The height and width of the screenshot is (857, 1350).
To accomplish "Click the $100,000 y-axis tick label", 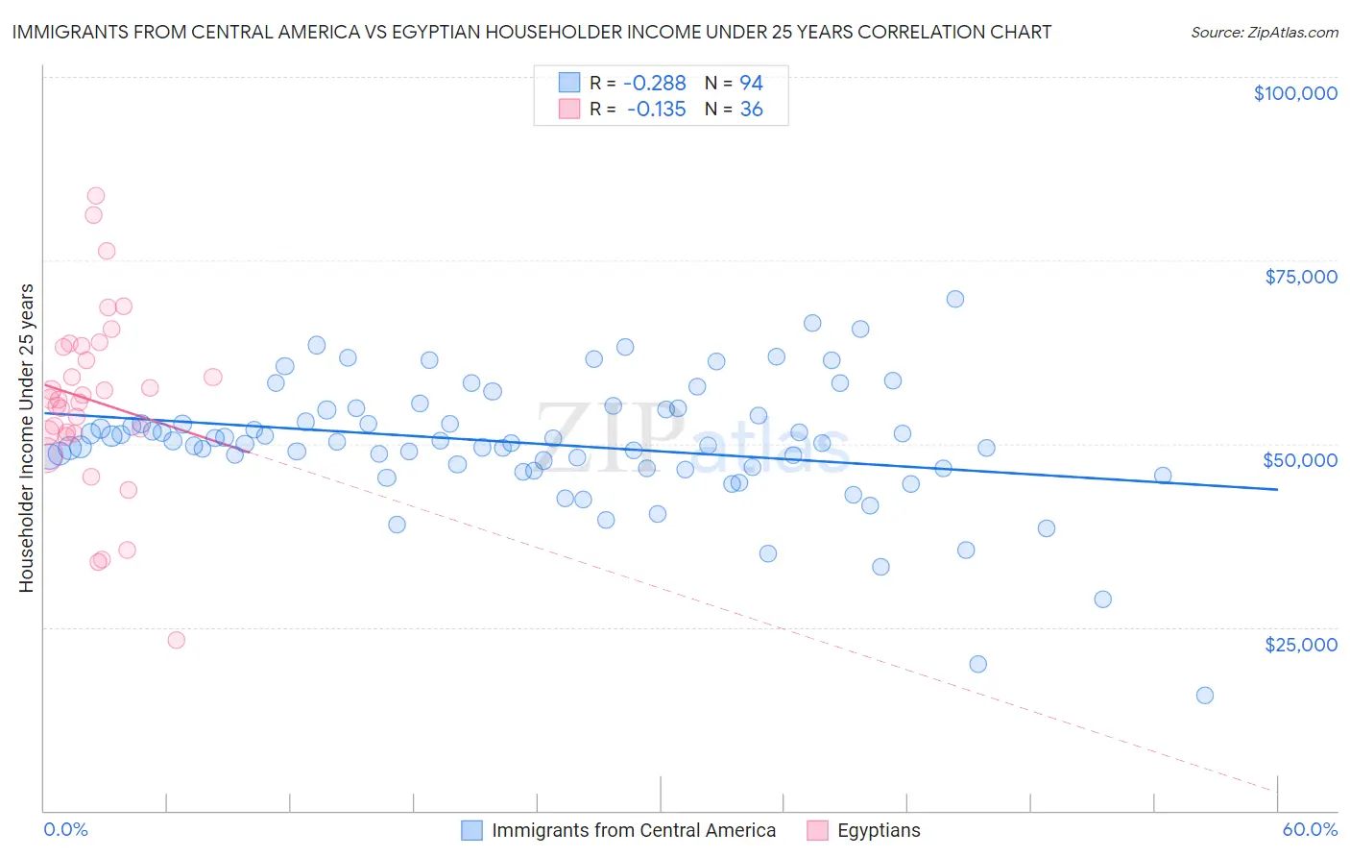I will pos(1294,93).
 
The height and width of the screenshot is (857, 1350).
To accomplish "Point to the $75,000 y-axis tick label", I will pos(1300,277).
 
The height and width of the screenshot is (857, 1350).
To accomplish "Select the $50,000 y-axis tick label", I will pos(1299,460).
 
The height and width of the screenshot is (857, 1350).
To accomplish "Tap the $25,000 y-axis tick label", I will pos(1300,644).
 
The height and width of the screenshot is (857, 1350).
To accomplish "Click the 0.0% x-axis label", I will pos(65,829).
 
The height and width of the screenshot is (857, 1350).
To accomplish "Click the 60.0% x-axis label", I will pos(1309,829).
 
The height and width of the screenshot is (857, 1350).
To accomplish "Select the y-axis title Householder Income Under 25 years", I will pos(27,438).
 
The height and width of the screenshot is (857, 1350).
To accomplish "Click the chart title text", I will pos(531,32).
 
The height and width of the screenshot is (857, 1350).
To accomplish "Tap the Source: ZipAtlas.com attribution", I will pos(1264,32).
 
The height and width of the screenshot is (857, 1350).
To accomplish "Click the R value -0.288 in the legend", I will pos(654,83).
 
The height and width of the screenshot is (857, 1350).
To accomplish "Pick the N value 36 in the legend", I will pos(751,110).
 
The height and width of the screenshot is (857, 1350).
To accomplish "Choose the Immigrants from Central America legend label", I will pos(633,830).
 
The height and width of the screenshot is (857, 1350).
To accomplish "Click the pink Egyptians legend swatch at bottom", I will pos(817,830).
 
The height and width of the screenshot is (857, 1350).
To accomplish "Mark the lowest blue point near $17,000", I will pos(1204,696).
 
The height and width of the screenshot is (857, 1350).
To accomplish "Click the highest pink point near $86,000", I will pos(95,196).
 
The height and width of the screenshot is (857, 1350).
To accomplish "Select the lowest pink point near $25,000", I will pos(176,640).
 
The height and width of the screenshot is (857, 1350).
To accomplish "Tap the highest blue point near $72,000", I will pos(954,299).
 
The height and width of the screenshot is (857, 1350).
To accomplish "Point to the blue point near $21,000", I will pos(977,664).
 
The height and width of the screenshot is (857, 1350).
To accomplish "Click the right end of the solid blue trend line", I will pos(1277,490).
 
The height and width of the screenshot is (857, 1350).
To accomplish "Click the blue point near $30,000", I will pos(1102,600).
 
